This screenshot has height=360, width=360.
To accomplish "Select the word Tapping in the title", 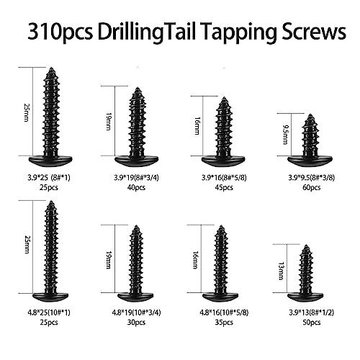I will coord(230,32).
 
